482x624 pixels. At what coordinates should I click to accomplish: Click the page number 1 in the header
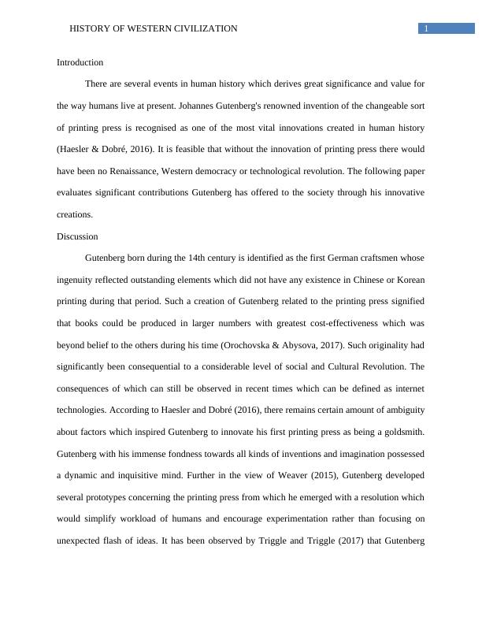pyautogui.click(x=426, y=29)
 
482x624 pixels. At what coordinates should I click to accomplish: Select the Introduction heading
pyautogui.click(x=80, y=62)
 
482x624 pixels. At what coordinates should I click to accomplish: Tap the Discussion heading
pyautogui.click(x=77, y=236)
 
